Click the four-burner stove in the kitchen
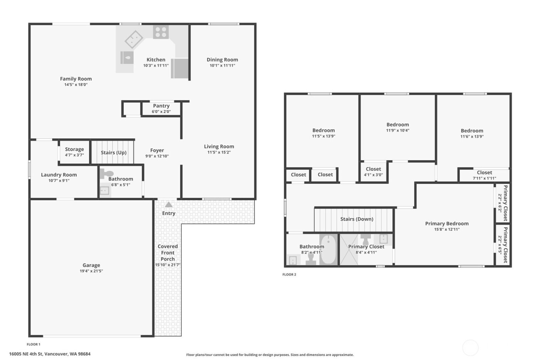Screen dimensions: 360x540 tap(160, 32)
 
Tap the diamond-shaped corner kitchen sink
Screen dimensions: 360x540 tap(134, 39)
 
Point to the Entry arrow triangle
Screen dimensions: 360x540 tap(169, 205)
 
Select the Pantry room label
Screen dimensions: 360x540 tap(161, 106)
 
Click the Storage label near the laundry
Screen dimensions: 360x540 tap(74, 149)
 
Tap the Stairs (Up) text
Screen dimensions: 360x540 tap(114, 152)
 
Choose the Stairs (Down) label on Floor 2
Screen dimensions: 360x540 tap(357, 219)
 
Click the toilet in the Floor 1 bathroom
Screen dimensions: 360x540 tap(106, 174)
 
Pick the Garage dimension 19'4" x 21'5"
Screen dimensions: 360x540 tap(91, 271)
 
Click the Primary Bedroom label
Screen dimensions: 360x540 tap(447, 223)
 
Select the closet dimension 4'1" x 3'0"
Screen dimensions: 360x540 tap(373, 175)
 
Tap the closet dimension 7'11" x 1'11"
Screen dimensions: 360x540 tap(484, 178)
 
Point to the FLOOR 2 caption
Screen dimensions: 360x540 tap(289, 275)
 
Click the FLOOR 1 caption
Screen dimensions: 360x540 tap(34, 344)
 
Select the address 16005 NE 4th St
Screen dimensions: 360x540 tap(50, 354)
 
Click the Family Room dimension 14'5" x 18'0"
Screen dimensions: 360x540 tap(76, 85)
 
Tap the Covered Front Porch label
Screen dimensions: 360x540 tap(168, 253)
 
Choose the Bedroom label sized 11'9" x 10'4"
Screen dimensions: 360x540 tap(398, 125)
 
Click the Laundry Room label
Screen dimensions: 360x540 tap(59, 175)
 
